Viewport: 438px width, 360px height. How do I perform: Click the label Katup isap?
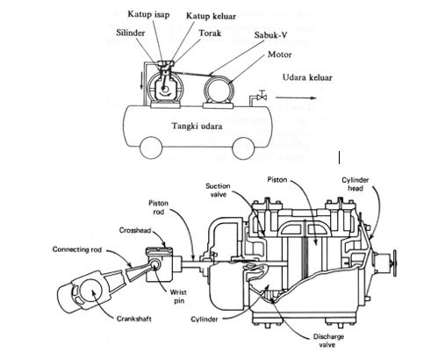[148, 14]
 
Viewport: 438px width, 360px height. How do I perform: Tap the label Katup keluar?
[211, 16]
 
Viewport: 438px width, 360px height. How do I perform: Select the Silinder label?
[131, 32]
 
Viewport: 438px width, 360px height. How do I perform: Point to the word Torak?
[210, 33]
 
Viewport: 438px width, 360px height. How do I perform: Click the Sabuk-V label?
[270, 35]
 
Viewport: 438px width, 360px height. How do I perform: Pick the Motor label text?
[280, 54]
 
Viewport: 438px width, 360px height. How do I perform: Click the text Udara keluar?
[307, 77]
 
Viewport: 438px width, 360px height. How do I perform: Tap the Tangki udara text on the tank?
[197, 126]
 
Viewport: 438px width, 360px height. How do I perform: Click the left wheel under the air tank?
[151, 148]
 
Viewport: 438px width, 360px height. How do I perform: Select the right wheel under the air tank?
[244, 148]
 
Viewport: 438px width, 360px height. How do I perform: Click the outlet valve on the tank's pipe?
[262, 96]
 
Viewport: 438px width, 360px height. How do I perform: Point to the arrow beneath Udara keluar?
[296, 98]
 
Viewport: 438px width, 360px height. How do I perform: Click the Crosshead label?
[135, 230]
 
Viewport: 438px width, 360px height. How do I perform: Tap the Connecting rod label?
[77, 249]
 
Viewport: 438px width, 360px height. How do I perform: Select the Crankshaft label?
[134, 319]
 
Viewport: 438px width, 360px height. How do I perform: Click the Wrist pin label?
[178, 297]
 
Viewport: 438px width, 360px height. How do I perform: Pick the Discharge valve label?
[328, 341]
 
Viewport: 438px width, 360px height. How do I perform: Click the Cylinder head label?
[355, 184]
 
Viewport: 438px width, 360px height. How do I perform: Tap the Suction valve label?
[218, 190]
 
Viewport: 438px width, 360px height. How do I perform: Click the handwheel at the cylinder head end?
[394, 263]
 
